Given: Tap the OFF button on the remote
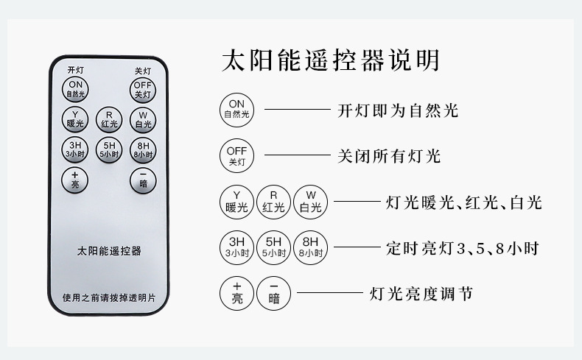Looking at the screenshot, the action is coord(143,91).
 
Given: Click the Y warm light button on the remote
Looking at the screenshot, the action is coord(75,119).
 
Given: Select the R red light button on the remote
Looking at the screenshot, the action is coord(109,119).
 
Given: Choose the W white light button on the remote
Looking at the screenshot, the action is coord(143,119).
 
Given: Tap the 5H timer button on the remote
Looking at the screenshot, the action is coord(109,150).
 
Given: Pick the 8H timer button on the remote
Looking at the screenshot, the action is coord(143,150).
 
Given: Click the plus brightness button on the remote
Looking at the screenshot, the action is coord(75,180).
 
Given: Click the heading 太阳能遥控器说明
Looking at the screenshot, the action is coord(330,59).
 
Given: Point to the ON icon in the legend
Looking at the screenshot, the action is coord(236,110).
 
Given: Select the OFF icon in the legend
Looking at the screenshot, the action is coord(236,156).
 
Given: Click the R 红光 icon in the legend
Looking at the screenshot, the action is coord(273,202).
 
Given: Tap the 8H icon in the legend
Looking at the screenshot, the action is coord(310,247).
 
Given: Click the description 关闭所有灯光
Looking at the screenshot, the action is coord(388,156).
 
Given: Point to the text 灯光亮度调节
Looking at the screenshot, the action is coord(421,294).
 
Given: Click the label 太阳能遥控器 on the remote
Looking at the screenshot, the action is coord(109,251).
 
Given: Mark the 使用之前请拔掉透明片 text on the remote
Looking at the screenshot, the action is coord(109,298).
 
